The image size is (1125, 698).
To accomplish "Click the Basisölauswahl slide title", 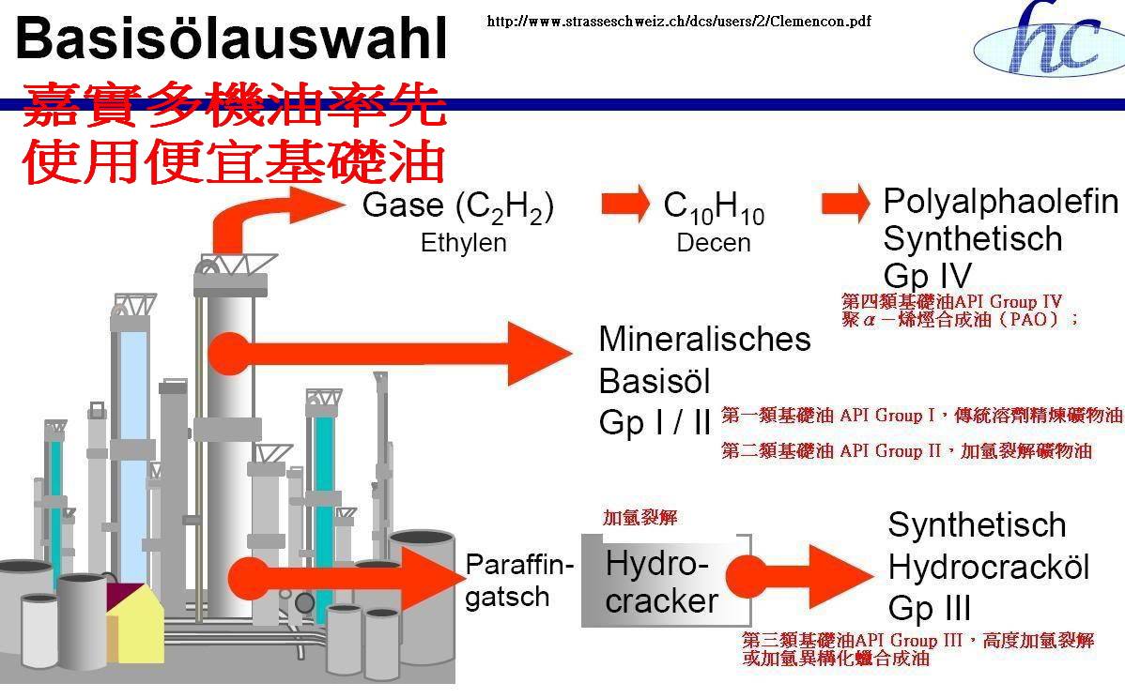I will [x=231, y=40].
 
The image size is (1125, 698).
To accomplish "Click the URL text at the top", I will [x=678, y=22].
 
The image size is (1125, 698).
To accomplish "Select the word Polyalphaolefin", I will [x=1001, y=202].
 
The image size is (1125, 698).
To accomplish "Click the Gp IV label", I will [x=927, y=276].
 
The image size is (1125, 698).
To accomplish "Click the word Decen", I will [x=714, y=243].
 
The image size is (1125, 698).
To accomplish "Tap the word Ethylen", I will [x=463, y=243].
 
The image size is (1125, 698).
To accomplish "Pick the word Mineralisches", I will [x=704, y=339].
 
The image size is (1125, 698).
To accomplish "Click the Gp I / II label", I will [x=655, y=423].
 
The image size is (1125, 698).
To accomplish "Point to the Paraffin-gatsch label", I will [x=518, y=581].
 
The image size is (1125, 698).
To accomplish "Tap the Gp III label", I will [x=930, y=609].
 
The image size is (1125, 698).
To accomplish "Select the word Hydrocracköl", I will [x=989, y=567].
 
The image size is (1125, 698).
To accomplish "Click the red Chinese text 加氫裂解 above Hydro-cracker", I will [x=640, y=518].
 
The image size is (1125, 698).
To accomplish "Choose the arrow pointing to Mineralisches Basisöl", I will [x=394, y=354].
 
